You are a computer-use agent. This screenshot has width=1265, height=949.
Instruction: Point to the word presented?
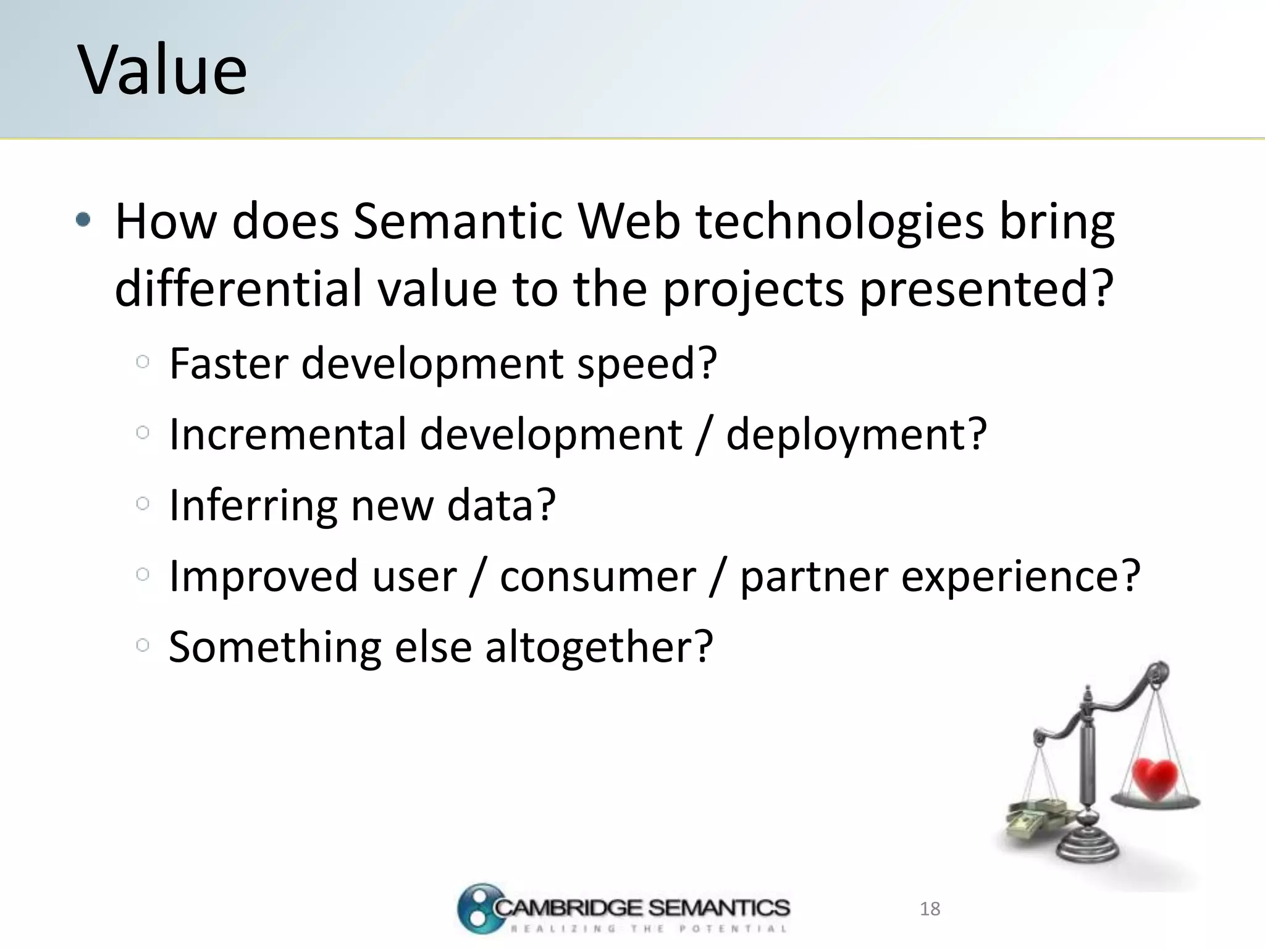pos(986,289)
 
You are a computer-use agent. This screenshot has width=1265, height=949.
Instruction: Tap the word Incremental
pos(287,434)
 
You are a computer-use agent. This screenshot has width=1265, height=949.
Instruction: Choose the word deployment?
pos(856,436)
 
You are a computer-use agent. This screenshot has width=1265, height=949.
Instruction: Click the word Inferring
pos(253,505)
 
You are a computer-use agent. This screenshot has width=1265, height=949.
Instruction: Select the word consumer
pos(597,576)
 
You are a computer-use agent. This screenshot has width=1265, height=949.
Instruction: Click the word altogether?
pos(599,647)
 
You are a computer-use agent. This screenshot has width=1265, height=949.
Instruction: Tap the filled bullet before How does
pos(83,219)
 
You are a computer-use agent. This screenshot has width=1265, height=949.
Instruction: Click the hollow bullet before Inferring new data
pos(143,504)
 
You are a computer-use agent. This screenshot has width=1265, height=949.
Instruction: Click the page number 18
pos(930,909)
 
